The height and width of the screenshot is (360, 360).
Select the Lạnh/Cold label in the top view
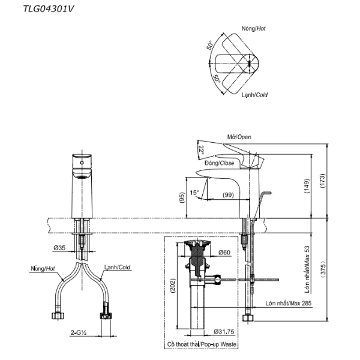[x=254, y=95]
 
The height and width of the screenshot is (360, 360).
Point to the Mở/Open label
[x=239, y=137]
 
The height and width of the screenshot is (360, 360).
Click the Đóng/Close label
[x=218, y=163]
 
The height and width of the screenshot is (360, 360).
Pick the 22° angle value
[x=202, y=150]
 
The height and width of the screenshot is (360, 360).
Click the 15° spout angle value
[x=194, y=193]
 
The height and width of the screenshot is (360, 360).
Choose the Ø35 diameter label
[x=58, y=247]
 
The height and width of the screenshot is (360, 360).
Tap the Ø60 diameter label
[x=223, y=251]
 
